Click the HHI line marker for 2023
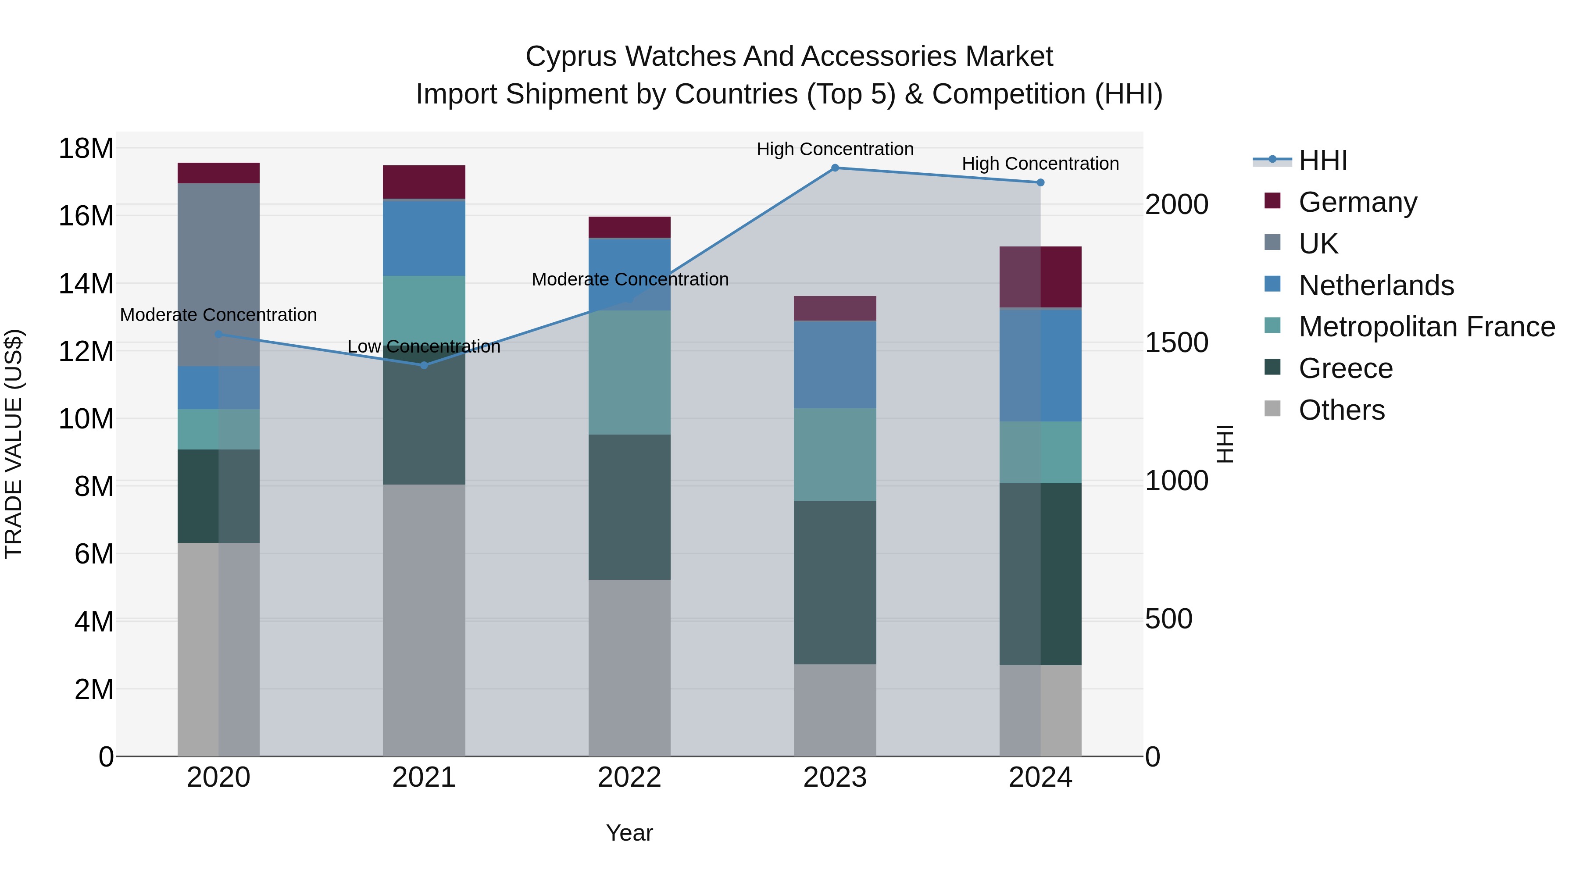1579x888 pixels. point(835,168)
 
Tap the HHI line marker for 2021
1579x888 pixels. point(424,365)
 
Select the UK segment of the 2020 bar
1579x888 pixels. point(218,274)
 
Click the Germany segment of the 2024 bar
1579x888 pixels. point(1040,277)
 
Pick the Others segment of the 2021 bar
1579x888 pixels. point(424,620)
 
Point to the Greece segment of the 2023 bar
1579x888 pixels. point(835,582)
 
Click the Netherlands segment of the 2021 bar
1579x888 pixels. point(424,238)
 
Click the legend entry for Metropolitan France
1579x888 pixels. point(1426,327)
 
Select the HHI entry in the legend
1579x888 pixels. point(1323,160)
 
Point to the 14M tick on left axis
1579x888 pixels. point(86,284)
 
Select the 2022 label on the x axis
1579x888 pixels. point(629,777)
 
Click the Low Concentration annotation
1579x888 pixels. point(424,346)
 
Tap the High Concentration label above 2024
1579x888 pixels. point(1040,164)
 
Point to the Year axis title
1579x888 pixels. point(629,833)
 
